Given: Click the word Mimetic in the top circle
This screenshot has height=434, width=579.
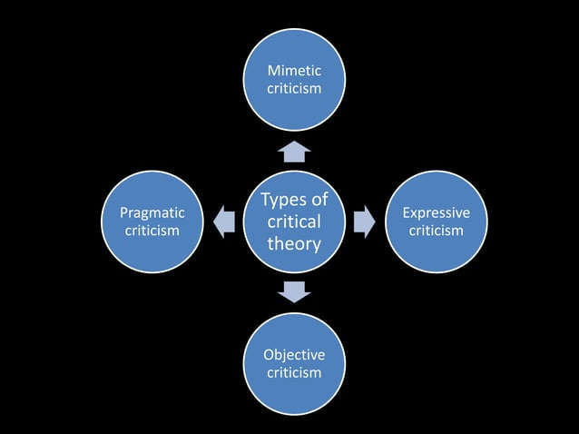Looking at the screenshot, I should tap(294, 71).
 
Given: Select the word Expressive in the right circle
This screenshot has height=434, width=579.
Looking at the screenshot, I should tap(436, 212).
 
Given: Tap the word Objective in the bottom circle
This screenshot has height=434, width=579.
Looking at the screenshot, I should tap(294, 354).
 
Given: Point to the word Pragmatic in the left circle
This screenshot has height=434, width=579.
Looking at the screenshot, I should tap(152, 212).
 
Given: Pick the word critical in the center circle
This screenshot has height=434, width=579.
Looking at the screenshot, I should tap(294, 222).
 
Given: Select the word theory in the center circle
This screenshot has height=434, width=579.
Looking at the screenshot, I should tap(294, 243).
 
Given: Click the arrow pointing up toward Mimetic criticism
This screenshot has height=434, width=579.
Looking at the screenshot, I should tap(294, 151).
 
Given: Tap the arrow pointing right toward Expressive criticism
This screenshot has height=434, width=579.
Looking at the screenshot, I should tap(364, 222).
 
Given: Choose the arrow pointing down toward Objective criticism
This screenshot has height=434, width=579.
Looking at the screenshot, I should tap(294, 291).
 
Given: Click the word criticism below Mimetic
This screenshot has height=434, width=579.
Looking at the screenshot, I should tap(294, 89).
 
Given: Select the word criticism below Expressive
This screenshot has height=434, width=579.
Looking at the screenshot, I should tap(436, 231).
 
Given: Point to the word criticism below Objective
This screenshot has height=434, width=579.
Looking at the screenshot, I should tap(294, 372).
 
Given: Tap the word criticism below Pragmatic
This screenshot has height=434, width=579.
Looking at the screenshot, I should tap(152, 231).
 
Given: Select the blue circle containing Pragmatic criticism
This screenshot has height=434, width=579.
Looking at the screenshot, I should tap(152, 255).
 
